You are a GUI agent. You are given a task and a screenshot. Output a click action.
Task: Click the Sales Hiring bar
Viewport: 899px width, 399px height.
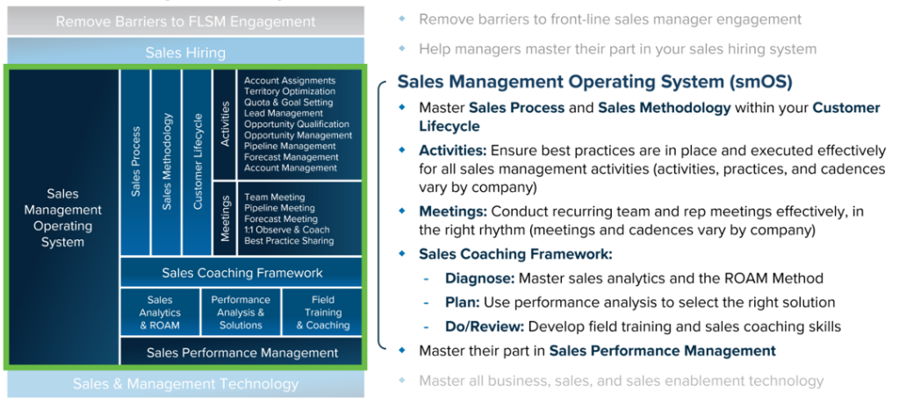coord(185,53)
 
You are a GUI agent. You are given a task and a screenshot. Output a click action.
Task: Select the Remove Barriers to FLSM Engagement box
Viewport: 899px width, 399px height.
coord(185,22)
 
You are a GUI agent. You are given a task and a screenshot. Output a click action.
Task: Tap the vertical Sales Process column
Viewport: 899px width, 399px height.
coord(135,162)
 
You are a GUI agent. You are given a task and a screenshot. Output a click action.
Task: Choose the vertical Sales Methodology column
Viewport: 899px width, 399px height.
coord(166,162)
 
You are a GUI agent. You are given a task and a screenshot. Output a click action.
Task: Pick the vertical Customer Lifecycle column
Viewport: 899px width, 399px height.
coord(198,162)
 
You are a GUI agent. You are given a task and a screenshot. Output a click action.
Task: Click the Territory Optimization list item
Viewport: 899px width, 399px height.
coord(290,91)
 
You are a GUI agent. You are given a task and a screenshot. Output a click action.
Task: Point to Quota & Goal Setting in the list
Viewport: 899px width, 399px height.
coord(288,103)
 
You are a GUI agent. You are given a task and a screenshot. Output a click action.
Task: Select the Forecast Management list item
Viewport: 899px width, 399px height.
coord(291,157)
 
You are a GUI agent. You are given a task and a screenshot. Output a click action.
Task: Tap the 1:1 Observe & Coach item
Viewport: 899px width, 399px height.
coord(287,230)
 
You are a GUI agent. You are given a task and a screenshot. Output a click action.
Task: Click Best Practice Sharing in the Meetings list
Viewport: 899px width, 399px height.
coord(289,240)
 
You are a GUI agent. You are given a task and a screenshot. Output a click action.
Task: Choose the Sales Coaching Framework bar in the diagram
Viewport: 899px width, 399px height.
coord(241,273)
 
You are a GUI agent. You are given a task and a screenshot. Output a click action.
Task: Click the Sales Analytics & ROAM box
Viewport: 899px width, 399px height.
coord(160,312)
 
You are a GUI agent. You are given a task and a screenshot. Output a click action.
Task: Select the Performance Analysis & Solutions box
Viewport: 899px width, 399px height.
coord(241,312)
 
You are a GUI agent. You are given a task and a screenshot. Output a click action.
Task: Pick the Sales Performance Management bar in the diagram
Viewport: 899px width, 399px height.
coord(241,353)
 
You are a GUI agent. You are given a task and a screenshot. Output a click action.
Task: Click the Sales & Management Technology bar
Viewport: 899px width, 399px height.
coord(185,383)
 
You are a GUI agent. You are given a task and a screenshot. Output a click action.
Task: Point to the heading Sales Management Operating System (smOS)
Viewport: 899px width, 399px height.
coord(594,82)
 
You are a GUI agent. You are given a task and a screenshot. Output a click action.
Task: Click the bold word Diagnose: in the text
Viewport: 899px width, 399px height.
coord(480,278)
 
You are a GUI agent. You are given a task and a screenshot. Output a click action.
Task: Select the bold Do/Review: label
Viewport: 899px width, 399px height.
coord(485,326)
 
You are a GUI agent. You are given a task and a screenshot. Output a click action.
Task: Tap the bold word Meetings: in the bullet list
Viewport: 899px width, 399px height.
coord(453,212)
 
